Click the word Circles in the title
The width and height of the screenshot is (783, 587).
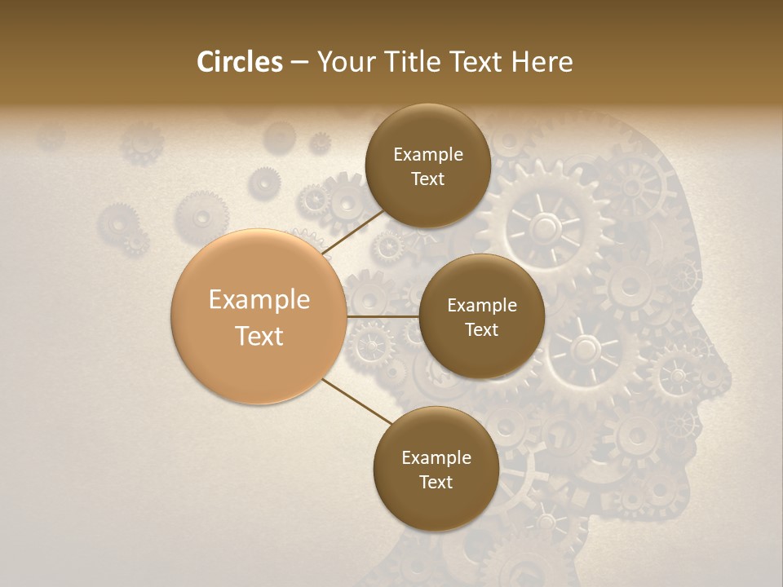(x=239, y=62)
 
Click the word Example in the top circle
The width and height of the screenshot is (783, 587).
(x=428, y=154)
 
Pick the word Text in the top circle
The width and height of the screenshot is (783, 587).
(x=428, y=179)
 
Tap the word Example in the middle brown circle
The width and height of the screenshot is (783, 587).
(x=482, y=305)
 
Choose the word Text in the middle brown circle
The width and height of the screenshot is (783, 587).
(x=482, y=329)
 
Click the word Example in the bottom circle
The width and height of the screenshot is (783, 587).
(x=436, y=457)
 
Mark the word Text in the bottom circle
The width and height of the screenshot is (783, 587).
(x=436, y=482)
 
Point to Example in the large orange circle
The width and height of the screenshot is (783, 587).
(x=259, y=299)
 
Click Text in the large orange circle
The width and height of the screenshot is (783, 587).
(x=259, y=335)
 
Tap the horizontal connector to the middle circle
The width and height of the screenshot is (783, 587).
(x=383, y=316)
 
